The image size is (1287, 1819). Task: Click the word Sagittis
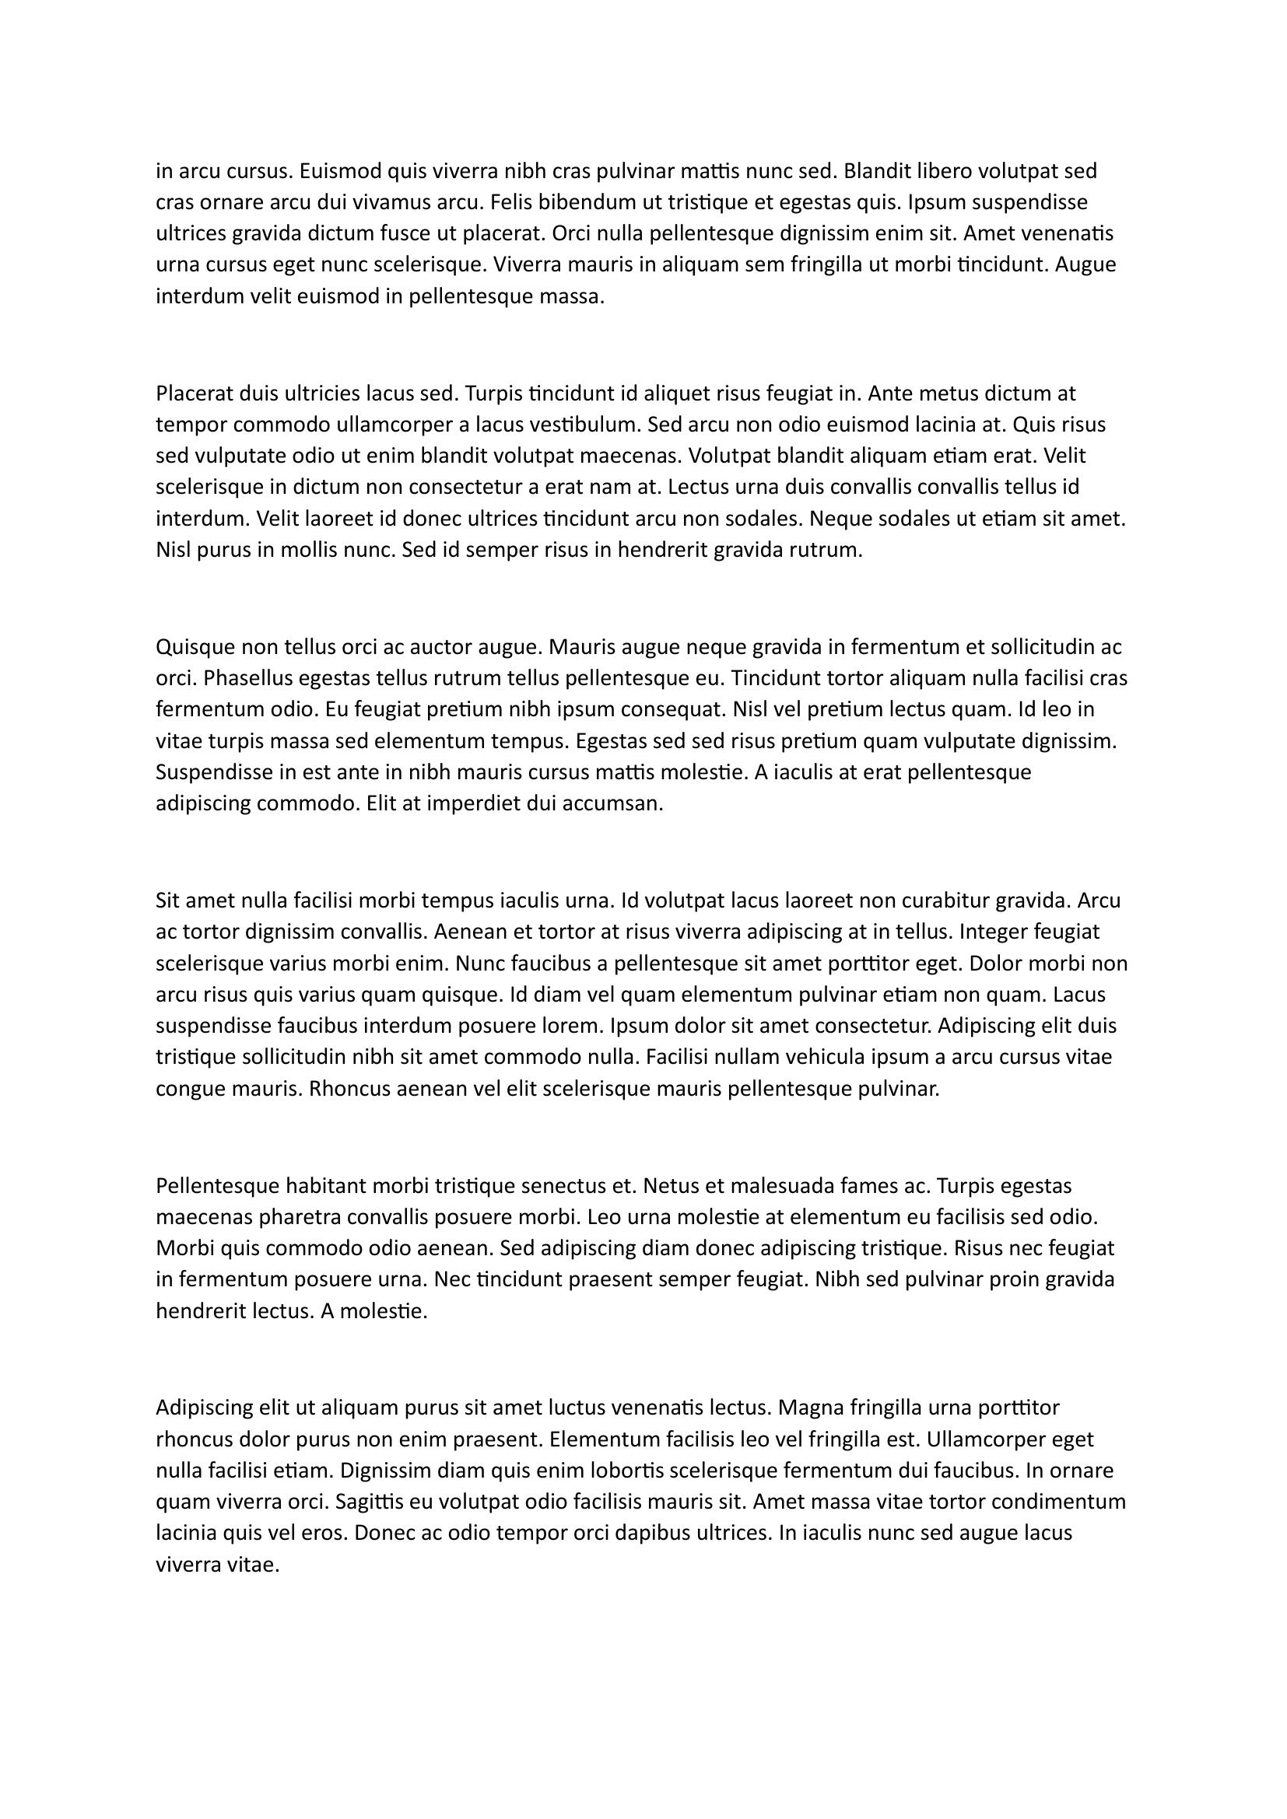pyautogui.click(x=373, y=1501)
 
